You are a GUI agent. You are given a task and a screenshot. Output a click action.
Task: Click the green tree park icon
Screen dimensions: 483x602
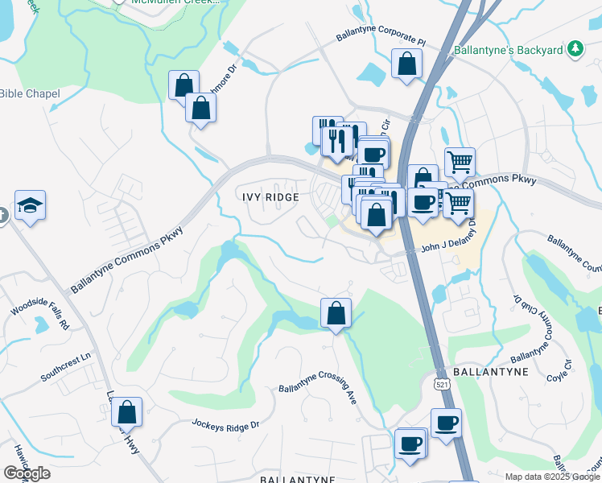(x=575, y=50)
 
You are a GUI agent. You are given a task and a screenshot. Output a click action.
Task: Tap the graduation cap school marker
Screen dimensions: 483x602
(x=30, y=205)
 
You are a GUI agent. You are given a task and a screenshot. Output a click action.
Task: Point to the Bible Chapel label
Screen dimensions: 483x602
(x=30, y=94)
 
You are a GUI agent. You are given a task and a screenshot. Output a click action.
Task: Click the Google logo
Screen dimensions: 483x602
(x=27, y=473)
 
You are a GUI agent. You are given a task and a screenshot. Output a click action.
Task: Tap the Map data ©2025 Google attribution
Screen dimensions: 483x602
(x=552, y=477)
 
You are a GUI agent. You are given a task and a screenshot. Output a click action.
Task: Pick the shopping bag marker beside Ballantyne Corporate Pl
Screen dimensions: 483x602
(x=406, y=64)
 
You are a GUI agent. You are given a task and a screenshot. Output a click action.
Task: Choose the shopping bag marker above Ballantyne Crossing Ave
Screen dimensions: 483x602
(x=335, y=313)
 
